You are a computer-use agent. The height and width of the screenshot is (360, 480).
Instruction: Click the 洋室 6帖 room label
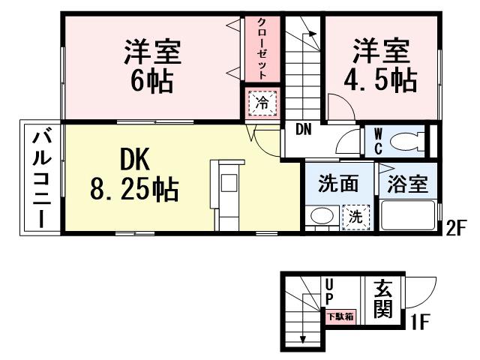pyautogui.click(x=153, y=65)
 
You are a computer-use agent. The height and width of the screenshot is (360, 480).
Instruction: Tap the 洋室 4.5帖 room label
pyautogui.click(x=382, y=65)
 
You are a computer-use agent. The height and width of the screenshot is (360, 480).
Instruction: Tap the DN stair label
pyautogui.click(x=303, y=129)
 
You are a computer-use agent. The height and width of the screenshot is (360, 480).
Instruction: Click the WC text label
pyautogui.click(x=376, y=140)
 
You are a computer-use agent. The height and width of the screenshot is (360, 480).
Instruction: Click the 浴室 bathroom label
pyautogui.click(x=408, y=184)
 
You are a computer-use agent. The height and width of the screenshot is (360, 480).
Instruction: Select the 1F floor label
pyautogui.click(x=419, y=324)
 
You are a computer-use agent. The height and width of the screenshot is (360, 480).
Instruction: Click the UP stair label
pyautogui.click(x=329, y=292)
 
